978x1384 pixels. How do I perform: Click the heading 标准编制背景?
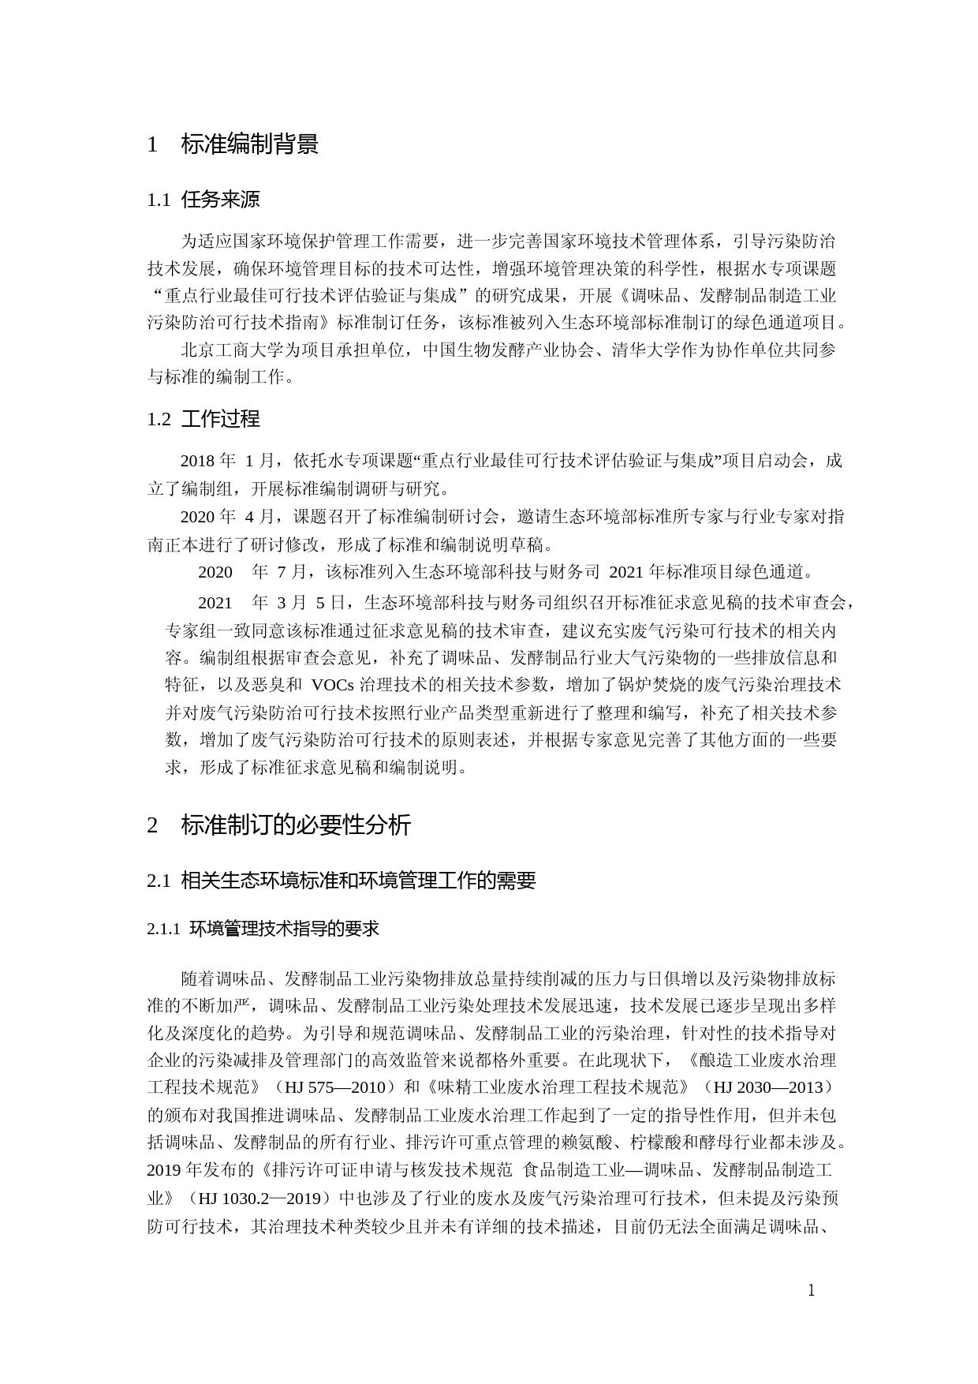[249, 144]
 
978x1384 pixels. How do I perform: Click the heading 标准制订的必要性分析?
[296, 825]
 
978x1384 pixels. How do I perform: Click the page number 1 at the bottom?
[812, 1291]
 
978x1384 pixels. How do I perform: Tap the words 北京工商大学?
[223, 350]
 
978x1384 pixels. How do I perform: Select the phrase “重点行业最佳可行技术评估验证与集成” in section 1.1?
[319, 296]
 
